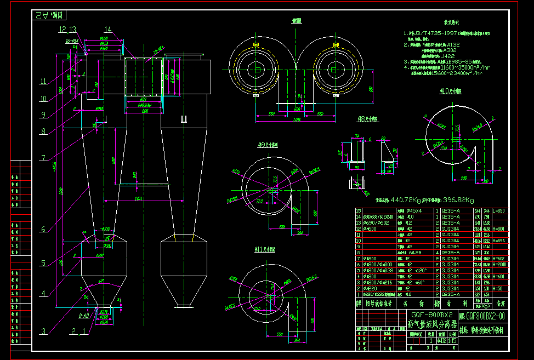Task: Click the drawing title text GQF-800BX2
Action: tap(431, 316)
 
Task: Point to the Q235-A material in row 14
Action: tap(450, 216)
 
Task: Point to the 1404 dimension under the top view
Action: tap(296, 119)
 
